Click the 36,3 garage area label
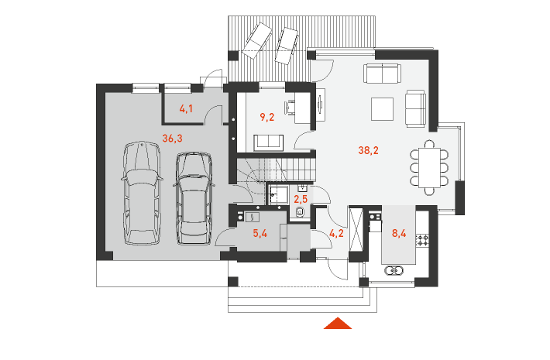(172, 139)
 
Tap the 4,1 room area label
(186, 109)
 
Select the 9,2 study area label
(267, 118)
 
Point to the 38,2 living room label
(368, 150)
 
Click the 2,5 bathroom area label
(301, 200)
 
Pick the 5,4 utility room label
(260, 233)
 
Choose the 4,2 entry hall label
(336, 233)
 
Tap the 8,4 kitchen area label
(399, 233)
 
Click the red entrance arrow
(338, 323)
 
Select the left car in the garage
(142, 193)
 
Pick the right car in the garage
(193, 198)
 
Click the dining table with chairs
(429, 167)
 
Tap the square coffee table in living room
(382, 109)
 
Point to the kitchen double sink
(394, 271)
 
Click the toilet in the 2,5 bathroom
(301, 211)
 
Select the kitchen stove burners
(422, 240)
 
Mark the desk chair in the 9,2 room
(290, 107)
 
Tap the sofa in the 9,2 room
(268, 142)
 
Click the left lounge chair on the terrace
(256, 41)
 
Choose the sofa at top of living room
(382, 74)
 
